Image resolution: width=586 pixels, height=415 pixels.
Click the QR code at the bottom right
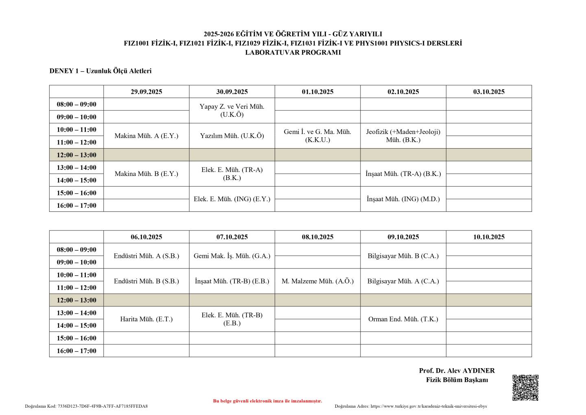(x=525, y=388)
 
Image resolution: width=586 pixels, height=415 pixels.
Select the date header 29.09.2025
(x=146, y=92)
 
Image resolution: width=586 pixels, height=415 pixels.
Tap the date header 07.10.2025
(x=232, y=237)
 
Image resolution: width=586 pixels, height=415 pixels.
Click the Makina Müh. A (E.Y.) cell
(x=146, y=136)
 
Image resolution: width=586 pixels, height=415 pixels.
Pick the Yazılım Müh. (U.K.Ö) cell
(x=232, y=136)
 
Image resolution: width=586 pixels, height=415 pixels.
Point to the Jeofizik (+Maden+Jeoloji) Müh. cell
(x=403, y=136)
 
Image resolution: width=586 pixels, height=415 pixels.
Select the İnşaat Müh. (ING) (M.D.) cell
(x=403, y=199)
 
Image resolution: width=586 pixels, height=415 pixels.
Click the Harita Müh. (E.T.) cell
(x=146, y=319)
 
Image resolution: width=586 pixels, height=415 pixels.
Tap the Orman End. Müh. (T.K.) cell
(x=403, y=319)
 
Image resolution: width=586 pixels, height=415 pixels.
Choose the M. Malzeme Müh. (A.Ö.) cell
(x=317, y=281)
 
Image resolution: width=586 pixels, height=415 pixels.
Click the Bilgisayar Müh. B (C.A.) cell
(x=403, y=256)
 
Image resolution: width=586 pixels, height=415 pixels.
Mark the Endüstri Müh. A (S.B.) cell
(x=146, y=256)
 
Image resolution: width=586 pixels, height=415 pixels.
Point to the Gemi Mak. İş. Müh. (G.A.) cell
(x=232, y=256)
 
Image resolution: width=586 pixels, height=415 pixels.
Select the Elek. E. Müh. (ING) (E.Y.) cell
(x=232, y=199)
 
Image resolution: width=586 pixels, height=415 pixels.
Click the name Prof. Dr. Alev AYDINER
(x=457, y=371)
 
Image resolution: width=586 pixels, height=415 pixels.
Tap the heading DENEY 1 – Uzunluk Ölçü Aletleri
(x=101, y=71)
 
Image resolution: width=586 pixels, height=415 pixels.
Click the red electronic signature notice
(x=267, y=401)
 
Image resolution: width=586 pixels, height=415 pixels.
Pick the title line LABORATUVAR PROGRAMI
(x=293, y=53)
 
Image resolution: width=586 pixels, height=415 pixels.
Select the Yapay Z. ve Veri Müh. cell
(x=232, y=110)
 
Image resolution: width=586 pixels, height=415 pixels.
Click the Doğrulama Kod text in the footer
(x=86, y=406)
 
